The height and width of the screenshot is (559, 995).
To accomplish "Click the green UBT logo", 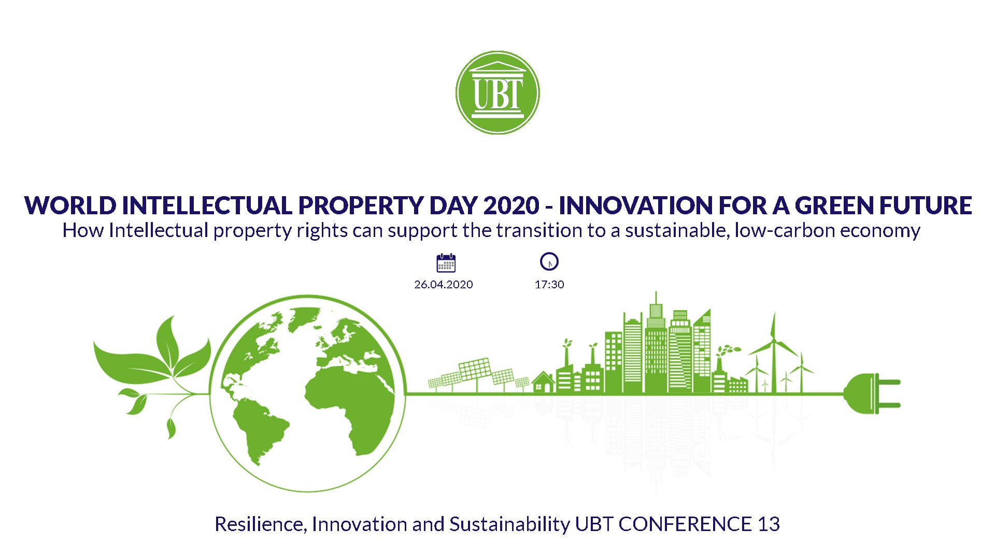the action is pos(497,93).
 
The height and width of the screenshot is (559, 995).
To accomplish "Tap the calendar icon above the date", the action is pos(446,263).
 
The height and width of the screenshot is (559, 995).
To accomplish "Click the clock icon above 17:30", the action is pos(549,261).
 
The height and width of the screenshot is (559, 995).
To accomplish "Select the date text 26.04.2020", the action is pos(444,284).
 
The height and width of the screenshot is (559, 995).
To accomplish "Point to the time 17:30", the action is pos(549,284).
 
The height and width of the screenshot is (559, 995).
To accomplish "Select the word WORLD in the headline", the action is pos(70,205).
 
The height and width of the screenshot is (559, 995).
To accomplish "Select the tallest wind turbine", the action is pos(773,352).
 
